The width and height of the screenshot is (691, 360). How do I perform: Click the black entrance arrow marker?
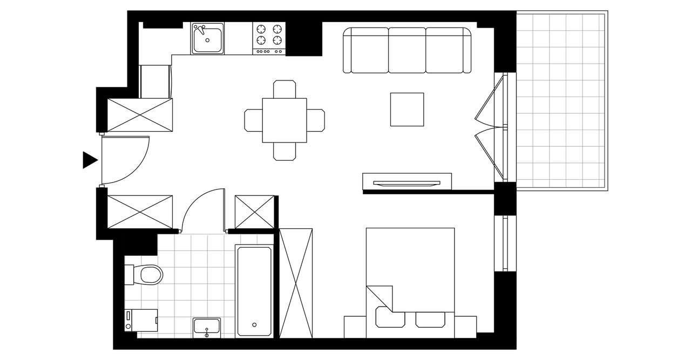89,160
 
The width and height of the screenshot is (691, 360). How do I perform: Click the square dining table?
284,120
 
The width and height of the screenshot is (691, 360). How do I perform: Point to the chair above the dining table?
284,89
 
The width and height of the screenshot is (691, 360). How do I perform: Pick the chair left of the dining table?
253,120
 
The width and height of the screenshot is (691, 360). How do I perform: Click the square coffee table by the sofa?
407,110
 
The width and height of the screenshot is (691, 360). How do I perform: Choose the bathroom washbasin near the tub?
207,327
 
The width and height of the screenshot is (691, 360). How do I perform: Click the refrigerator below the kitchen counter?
155,81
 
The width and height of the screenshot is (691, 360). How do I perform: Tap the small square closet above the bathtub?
255,211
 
